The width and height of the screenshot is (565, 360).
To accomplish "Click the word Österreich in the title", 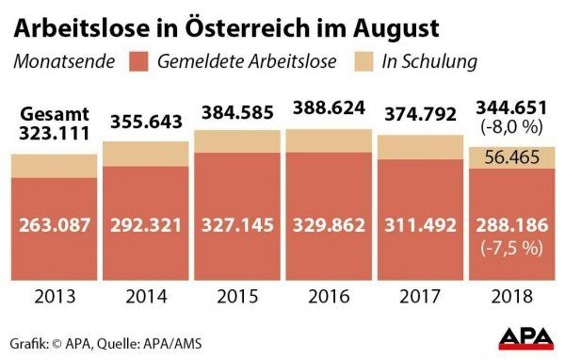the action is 249,27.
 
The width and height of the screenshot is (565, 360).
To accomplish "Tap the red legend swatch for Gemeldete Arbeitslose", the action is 138,61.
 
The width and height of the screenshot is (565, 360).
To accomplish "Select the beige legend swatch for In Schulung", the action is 363,61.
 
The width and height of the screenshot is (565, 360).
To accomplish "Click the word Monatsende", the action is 64,61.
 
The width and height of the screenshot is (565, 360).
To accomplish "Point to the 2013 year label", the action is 56,297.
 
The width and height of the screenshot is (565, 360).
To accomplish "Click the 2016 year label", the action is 329,297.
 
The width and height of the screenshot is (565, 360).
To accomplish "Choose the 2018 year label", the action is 511,297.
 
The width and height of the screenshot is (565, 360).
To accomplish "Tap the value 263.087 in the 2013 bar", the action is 55,225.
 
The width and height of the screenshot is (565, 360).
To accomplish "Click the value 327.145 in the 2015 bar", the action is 237,225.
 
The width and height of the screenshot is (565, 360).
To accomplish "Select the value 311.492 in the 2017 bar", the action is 421,225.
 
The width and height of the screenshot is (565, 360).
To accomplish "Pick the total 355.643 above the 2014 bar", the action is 146,122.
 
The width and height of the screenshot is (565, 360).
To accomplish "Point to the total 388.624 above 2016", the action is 329,108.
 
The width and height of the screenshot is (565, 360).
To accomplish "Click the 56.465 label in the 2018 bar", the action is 511,157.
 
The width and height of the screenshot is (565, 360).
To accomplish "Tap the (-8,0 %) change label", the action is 511,127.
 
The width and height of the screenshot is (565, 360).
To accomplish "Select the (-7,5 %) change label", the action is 511,248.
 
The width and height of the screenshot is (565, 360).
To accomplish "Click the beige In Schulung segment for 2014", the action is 146,154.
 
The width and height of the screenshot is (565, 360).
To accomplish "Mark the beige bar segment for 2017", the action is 421,148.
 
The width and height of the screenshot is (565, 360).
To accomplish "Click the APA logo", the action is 526,338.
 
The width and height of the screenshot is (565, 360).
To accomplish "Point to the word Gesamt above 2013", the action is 55,114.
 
